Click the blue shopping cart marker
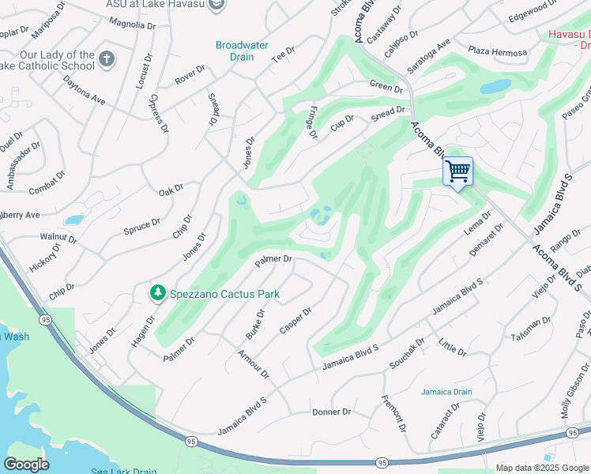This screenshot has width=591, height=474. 457,171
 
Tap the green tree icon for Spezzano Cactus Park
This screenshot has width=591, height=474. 158,294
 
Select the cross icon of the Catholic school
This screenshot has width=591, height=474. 107,58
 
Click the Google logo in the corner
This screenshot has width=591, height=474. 26,465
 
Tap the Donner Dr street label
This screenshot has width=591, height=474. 331,412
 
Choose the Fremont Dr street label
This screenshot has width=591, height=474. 393,414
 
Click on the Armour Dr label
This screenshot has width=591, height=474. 253,363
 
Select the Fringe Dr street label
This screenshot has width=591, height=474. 312,122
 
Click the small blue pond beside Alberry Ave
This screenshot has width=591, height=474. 73,220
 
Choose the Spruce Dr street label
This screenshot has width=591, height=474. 141,228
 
